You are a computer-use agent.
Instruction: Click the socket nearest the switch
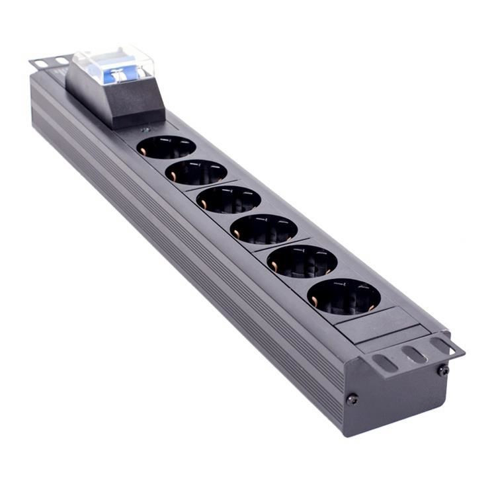click(167, 147)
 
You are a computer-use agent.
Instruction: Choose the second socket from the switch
click(196, 172)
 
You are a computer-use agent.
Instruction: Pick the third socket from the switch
click(229, 199)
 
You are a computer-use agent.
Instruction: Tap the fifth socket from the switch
click(302, 261)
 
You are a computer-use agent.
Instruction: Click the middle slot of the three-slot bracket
click(415, 354)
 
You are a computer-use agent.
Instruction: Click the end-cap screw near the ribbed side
click(352, 399)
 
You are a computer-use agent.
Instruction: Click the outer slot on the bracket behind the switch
click(40, 63)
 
